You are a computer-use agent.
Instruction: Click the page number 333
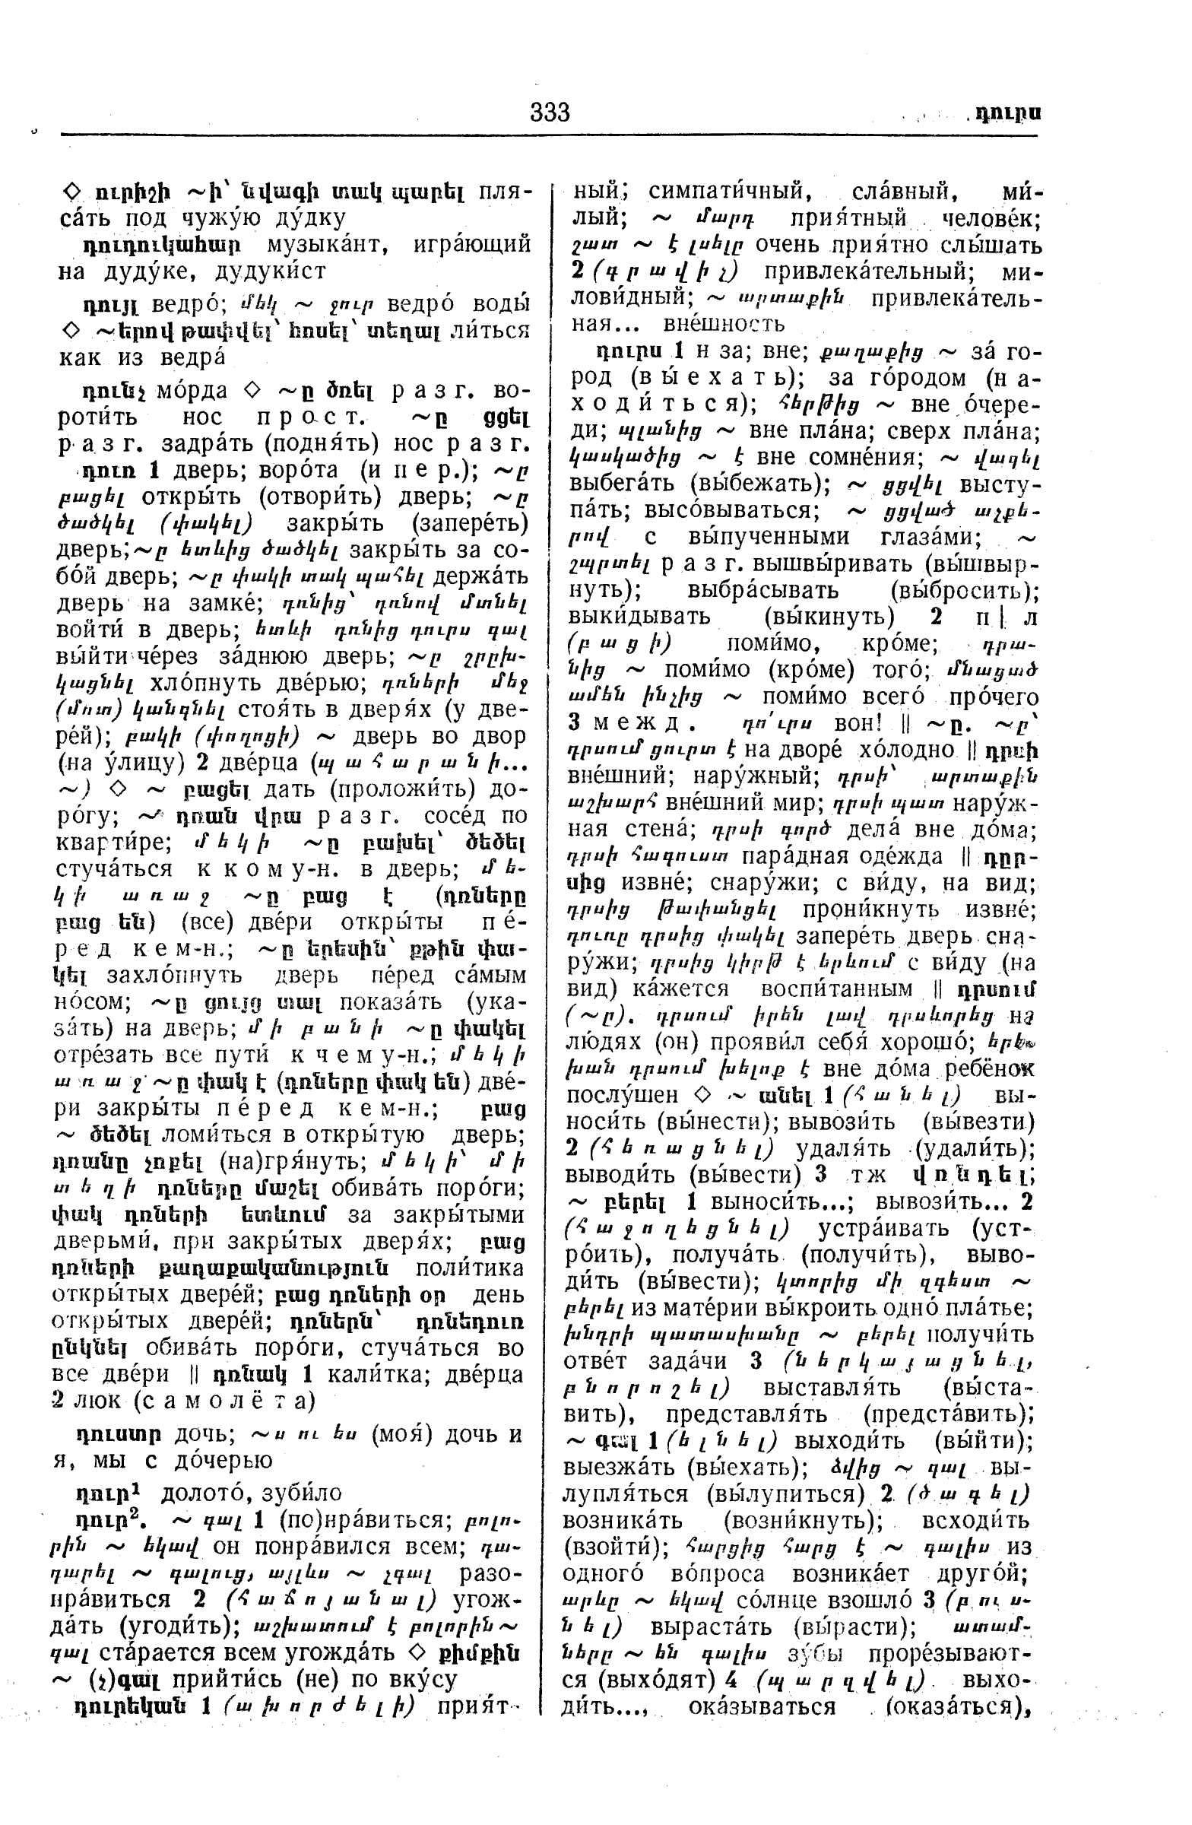click(x=550, y=113)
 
